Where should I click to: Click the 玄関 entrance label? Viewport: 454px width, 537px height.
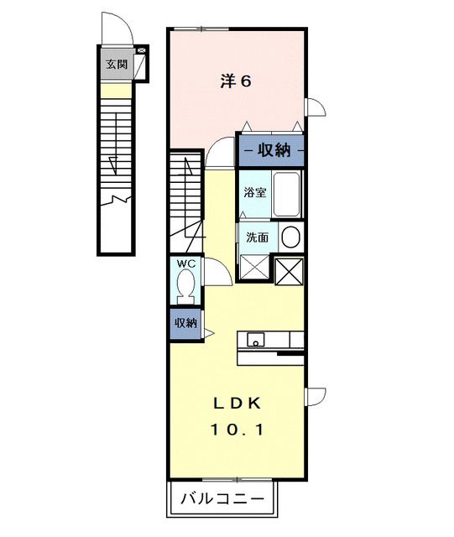click(x=116, y=64)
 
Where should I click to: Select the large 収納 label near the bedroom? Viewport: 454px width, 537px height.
click(x=272, y=151)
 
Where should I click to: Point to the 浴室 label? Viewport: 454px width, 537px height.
click(x=255, y=192)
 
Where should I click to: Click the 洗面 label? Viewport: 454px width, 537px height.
click(x=257, y=237)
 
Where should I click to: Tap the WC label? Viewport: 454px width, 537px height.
click(x=185, y=263)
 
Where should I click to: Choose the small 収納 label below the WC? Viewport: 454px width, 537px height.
click(x=185, y=323)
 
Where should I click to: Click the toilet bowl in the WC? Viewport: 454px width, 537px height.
click(x=187, y=289)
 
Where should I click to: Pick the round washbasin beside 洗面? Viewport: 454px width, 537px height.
click(x=290, y=237)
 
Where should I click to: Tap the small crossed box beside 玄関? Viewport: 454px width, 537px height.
click(x=141, y=52)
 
